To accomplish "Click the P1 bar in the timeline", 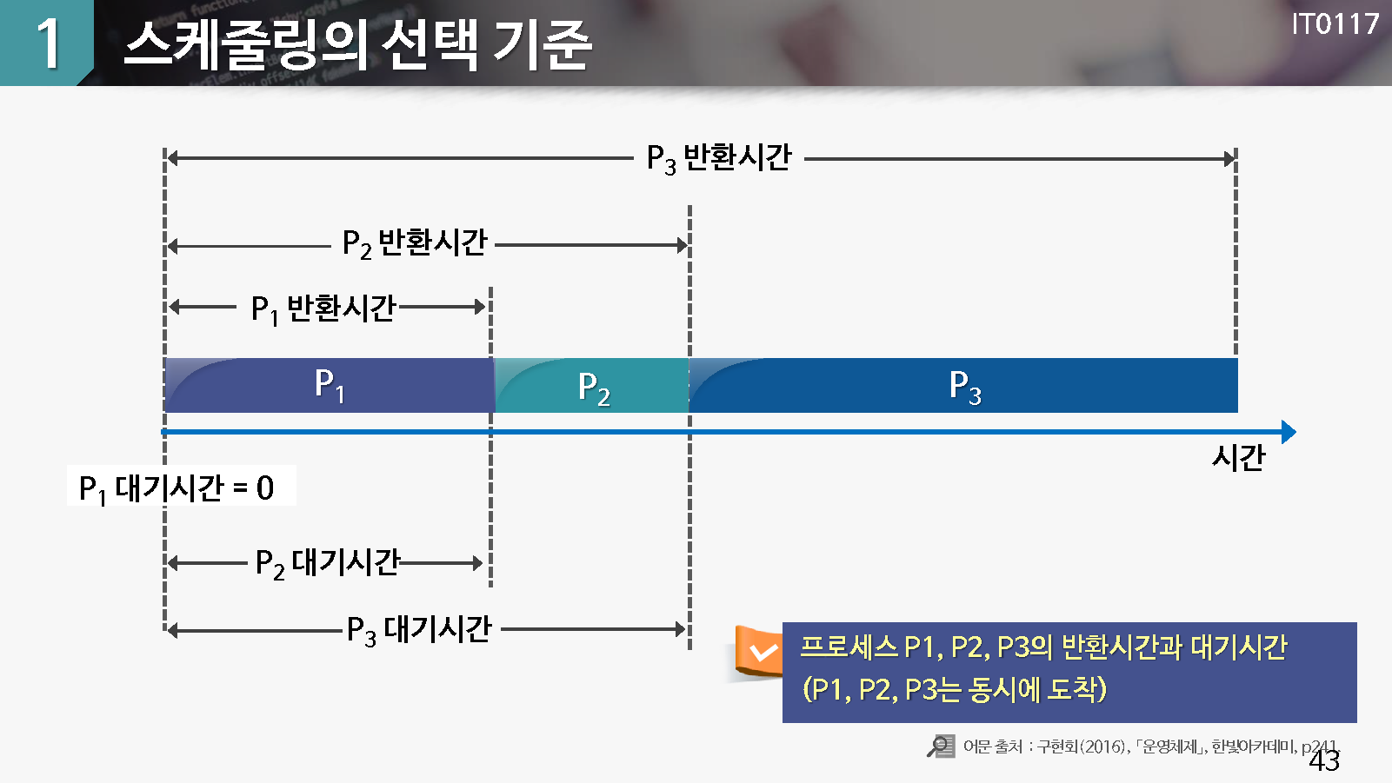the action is pos(330,385).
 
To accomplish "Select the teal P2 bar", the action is pos(591,385).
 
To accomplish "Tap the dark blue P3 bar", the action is pos(963,385).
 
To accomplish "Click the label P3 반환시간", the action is pos(719,158).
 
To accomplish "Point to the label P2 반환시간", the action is pos(415,243).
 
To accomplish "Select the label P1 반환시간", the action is pos(323,309).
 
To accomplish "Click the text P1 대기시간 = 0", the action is pos(176,488).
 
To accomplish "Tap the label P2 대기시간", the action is pos(328,563).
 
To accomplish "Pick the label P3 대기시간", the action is pos(419,630).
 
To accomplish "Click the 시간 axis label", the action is pos(1238,458).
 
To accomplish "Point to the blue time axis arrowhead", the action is pos(1289,432).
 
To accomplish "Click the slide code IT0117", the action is pos(1335,24).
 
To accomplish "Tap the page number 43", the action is pos(1323,760).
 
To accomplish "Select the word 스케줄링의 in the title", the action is pos(243,43).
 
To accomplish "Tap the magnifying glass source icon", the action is pos(940,746).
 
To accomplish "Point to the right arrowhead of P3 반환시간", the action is pos(1229,158).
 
